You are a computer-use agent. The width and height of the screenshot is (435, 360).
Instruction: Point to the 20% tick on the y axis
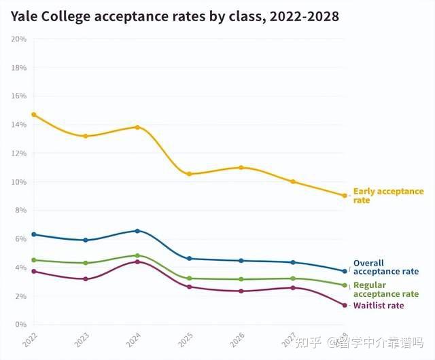[x=19, y=39]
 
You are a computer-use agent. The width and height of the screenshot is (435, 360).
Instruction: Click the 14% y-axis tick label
[x=19, y=124]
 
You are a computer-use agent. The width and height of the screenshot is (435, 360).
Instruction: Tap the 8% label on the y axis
[x=20, y=211]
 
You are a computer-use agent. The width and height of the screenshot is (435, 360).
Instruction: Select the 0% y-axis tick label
[x=20, y=325]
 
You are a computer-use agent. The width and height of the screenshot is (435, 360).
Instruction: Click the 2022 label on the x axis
[x=29, y=340]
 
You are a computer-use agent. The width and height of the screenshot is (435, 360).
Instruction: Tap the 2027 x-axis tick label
[x=288, y=340]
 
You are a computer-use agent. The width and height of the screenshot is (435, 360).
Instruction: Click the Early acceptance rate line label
[x=387, y=196]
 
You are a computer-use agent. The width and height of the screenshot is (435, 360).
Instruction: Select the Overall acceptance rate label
[x=385, y=267]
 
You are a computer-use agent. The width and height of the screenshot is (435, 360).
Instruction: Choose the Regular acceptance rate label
[x=385, y=289]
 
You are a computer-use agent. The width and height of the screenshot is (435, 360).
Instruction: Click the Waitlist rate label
[x=378, y=306]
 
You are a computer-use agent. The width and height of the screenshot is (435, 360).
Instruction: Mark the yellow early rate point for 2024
[x=137, y=127]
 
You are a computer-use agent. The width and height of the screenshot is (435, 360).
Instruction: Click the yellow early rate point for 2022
[x=33, y=115]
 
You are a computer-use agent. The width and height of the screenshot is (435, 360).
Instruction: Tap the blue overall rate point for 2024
[x=137, y=231]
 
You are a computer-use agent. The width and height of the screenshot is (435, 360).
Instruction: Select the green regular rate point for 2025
[x=189, y=278]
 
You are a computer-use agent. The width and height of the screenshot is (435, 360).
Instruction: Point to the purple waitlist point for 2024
[x=137, y=262]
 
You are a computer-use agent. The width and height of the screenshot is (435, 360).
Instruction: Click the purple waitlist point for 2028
[x=345, y=305]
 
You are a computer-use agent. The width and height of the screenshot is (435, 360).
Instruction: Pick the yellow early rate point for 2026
[x=241, y=167]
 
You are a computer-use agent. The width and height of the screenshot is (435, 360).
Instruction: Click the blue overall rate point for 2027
[x=293, y=262]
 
